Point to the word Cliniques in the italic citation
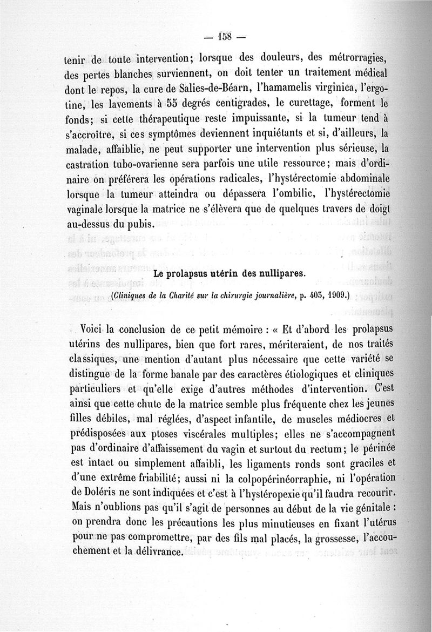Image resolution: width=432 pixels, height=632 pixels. tap(130, 296)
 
